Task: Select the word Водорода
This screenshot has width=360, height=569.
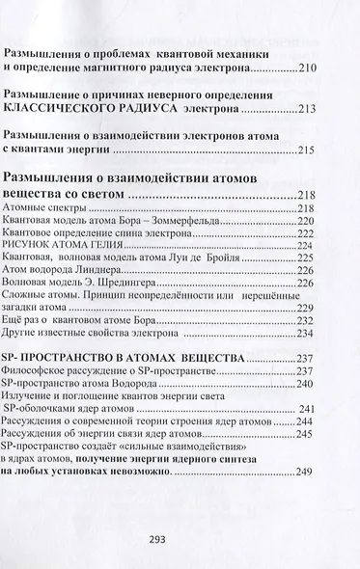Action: (x=130, y=384)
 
